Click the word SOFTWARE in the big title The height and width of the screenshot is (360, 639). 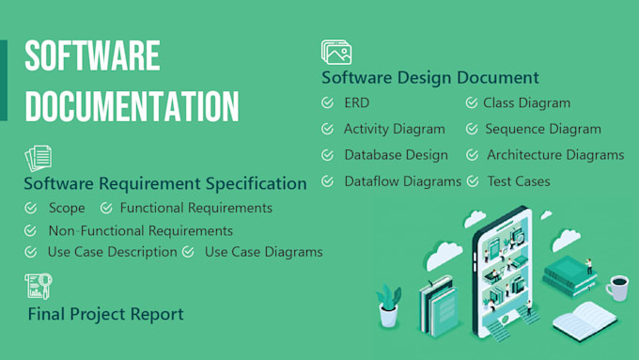[92, 56]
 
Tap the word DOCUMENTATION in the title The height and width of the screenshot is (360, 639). [132, 106]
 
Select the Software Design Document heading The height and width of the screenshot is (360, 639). [429, 77]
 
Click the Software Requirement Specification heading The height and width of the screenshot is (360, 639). [165, 183]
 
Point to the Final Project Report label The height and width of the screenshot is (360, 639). [105, 314]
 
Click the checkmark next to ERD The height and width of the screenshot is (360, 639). [327, 103]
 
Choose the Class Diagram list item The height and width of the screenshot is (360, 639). [526, 103]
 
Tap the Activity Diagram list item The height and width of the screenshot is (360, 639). [394, 129]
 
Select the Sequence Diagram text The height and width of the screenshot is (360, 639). [543, 129]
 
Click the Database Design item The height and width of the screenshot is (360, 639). [396, 155]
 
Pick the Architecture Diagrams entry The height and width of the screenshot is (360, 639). [554, 155]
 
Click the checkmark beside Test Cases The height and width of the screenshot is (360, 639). [472, 181]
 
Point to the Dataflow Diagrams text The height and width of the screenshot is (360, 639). [402, 181]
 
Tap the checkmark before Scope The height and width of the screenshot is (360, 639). [31, 208]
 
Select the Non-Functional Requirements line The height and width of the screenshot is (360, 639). [141, 230]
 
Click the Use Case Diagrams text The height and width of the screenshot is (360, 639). [263, 252]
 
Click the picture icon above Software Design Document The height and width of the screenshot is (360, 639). [335, 53]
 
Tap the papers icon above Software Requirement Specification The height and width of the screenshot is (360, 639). [38, 157]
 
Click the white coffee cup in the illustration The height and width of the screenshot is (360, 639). [616, 287]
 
